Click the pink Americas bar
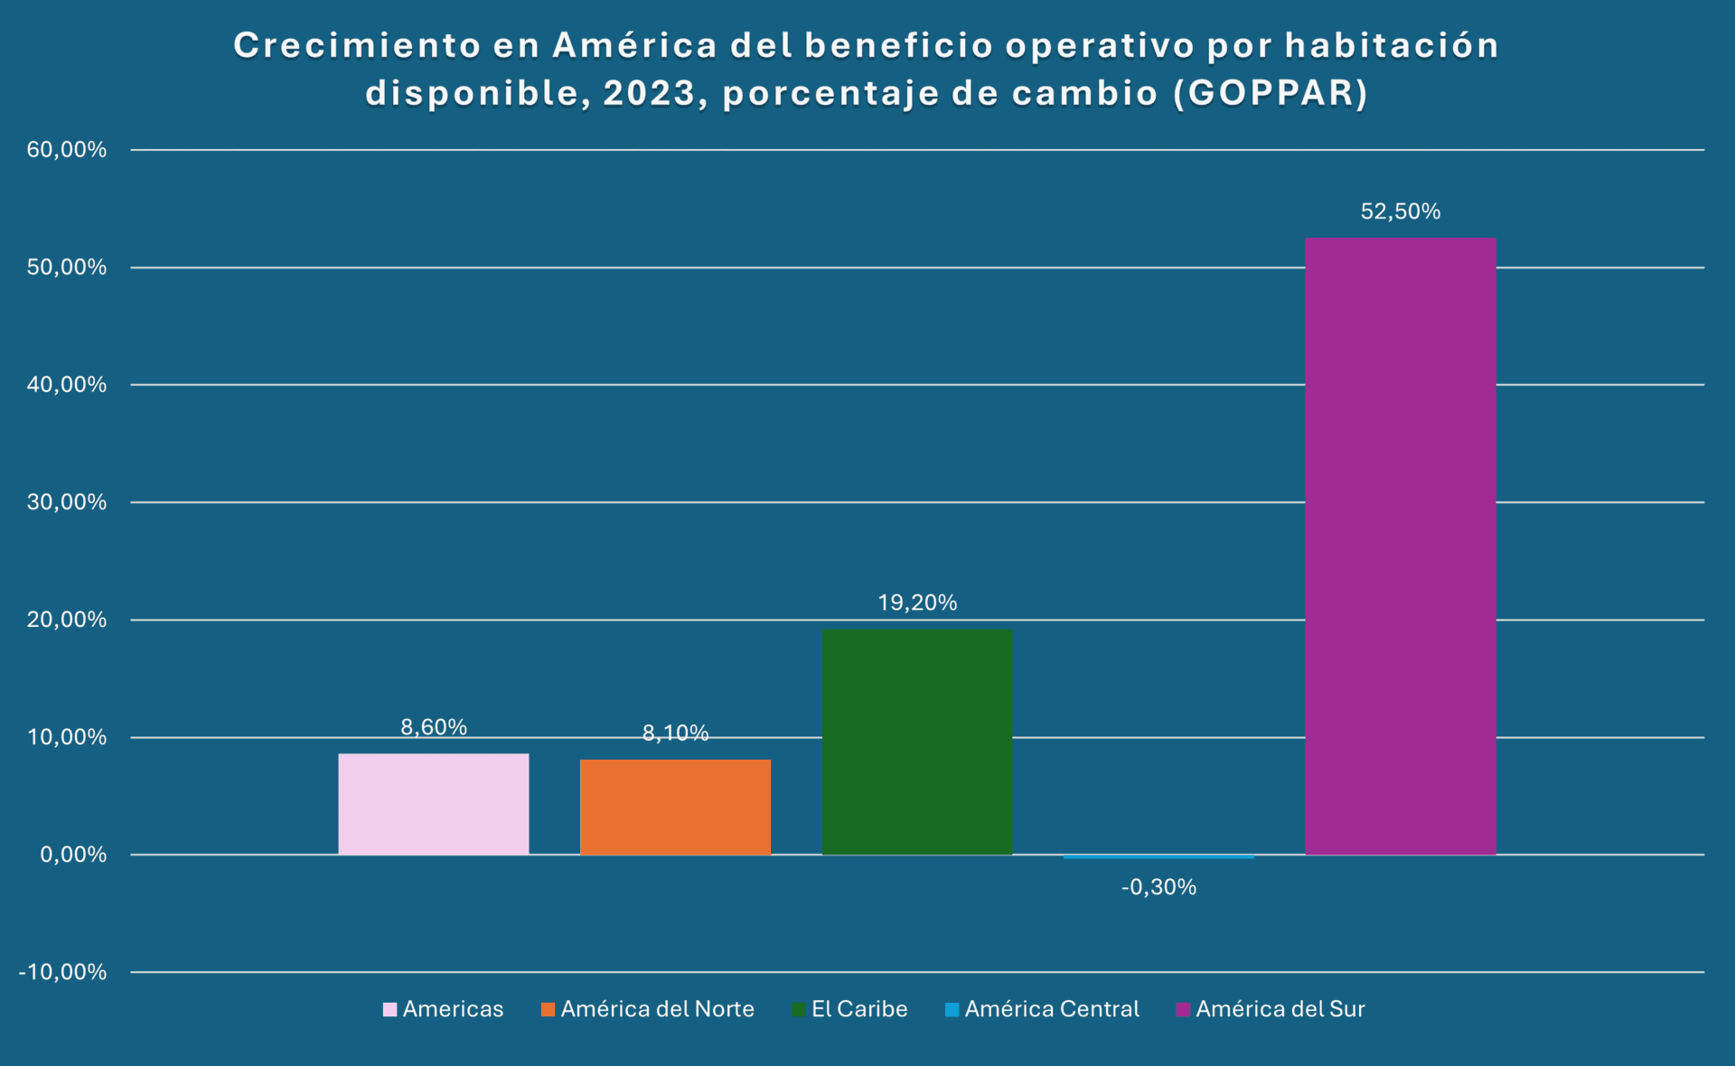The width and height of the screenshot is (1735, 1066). [x=434, y=804]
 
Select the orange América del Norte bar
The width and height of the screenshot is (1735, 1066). [x=675, y=807]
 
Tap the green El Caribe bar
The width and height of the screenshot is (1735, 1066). [x=916, y=742]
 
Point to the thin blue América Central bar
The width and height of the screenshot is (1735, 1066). [x=1158, y=856]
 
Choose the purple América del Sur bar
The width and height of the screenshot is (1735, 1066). [x=1400, y=547]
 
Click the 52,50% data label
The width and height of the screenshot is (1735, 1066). [x=1400, y=211]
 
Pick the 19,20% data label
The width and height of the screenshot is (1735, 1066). [x=916, y=603]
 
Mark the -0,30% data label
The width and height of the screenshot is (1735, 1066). [x=1158, y=887]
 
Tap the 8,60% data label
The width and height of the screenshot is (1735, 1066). [x=434, y=727]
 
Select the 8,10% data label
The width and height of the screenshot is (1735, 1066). [x=675, y=734]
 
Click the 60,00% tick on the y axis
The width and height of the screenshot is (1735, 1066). [x=67, y=150]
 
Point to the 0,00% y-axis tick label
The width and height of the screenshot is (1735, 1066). [x=73, y=855]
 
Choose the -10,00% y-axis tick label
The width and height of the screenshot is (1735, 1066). [x=62, y=972]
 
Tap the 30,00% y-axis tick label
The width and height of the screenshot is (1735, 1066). [x=67, y=502]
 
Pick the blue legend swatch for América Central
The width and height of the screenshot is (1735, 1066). [x=952, y=1010]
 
